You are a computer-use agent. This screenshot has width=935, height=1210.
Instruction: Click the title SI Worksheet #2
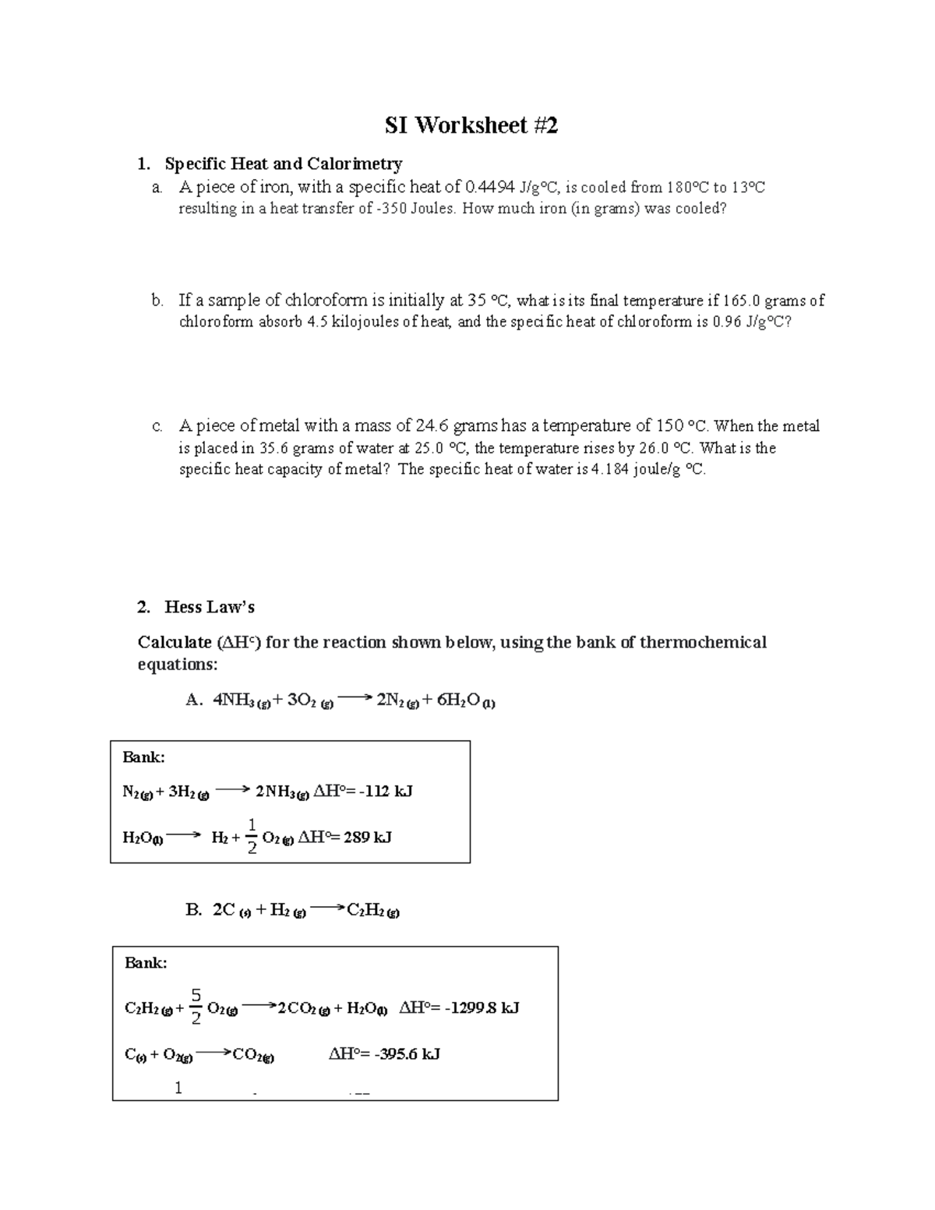(x=471, y=125)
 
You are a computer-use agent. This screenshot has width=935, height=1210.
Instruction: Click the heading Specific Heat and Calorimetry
(x=284, y=164)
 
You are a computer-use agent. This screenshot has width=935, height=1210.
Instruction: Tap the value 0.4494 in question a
(x=489, y=187)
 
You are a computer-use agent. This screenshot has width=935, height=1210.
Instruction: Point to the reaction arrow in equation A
(x=355, y=699)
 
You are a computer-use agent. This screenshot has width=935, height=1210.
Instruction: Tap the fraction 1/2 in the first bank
(x=252, y=836)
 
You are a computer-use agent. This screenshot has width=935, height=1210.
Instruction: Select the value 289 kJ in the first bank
(x=367, y=838)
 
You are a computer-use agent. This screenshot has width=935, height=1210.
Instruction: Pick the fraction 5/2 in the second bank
(x=196, y=1006)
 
